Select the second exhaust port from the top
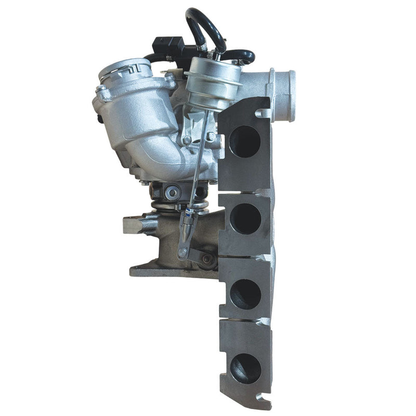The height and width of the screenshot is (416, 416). pos(245,218)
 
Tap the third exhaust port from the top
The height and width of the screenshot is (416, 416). pos(245,294)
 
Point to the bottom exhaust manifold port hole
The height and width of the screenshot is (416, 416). pos(245,369)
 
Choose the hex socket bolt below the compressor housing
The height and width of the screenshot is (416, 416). pos(172,193)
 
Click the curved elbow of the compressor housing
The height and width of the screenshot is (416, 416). pos(156,156)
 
